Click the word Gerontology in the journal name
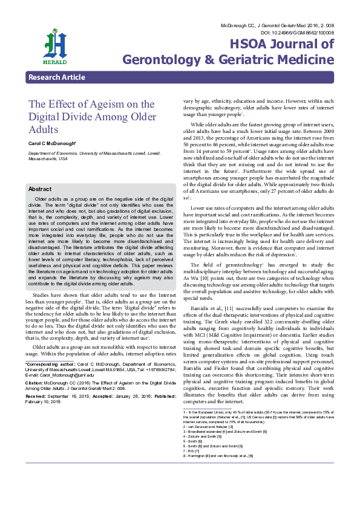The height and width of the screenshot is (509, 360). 164,59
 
